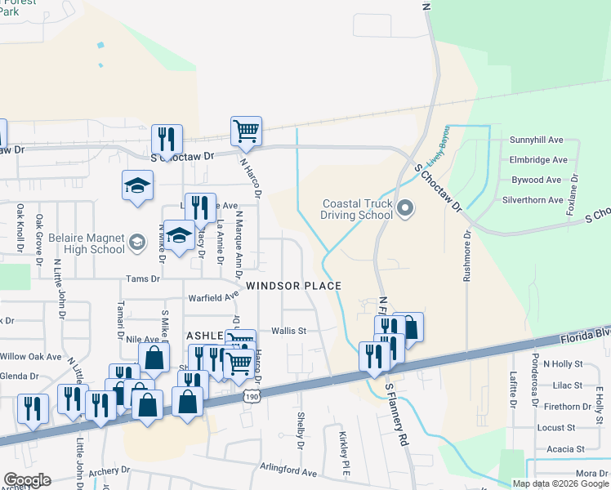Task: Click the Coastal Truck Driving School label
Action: (357, 212)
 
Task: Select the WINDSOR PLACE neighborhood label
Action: (293, 285)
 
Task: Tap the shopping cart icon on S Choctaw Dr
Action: (245, 131)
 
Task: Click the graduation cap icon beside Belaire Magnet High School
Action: (179, 236)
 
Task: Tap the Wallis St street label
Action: (288, 331)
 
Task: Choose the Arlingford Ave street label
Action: (289, 472)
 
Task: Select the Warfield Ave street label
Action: (212, 299)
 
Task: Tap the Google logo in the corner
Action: (27, 480)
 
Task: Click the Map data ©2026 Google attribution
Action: (560, 483)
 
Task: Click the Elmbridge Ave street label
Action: (538, 160)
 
